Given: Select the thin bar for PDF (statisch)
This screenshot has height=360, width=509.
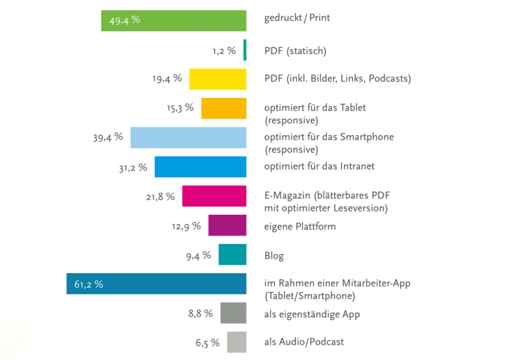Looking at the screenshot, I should coord(245,50).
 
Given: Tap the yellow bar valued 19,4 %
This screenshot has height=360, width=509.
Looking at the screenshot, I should coord(218,79).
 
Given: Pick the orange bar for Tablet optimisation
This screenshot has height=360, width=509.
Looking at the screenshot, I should coord(224,108).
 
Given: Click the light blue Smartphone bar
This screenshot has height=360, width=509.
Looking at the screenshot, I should coord(188,137).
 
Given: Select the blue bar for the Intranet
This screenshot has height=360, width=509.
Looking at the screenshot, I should coord(200,167).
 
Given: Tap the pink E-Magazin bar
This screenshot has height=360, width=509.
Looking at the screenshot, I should coord(214,196).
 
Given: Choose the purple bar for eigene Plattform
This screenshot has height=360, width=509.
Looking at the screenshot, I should coord(227,225).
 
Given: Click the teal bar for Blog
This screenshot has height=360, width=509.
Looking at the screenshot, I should coord(232,255).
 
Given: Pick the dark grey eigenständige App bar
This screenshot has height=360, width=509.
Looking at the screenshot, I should coord(233,313).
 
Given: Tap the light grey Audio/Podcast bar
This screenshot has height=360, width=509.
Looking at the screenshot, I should coord(237,342).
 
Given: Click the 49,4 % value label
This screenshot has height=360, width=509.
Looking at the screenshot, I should coord(124,21).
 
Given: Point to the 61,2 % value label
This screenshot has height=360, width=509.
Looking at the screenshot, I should coord(88,284).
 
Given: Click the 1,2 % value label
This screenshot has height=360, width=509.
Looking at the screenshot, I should coord(224,50).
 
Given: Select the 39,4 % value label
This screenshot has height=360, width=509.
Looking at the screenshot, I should coord(107,137).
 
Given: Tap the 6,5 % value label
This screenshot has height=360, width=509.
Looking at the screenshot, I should coord(207,342).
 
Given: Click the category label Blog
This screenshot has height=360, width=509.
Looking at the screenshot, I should coord(274,256).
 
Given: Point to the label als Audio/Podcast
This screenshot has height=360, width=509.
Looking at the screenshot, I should coord(304,342).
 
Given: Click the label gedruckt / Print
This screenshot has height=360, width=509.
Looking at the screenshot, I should coord(297,18).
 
